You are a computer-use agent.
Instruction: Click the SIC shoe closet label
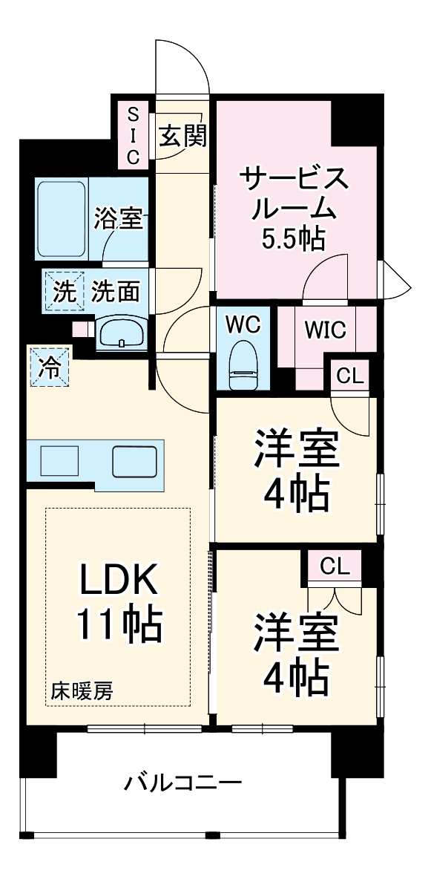[134, 135]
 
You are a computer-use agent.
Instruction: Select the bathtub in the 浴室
[62, 218]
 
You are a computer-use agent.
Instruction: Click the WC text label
[242, 326]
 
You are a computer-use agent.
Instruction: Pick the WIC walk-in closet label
[326, 330]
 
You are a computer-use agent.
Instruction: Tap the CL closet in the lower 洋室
[335, 566]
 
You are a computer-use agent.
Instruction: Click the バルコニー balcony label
[182, 782]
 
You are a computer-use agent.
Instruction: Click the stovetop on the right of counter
[134, 462]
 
